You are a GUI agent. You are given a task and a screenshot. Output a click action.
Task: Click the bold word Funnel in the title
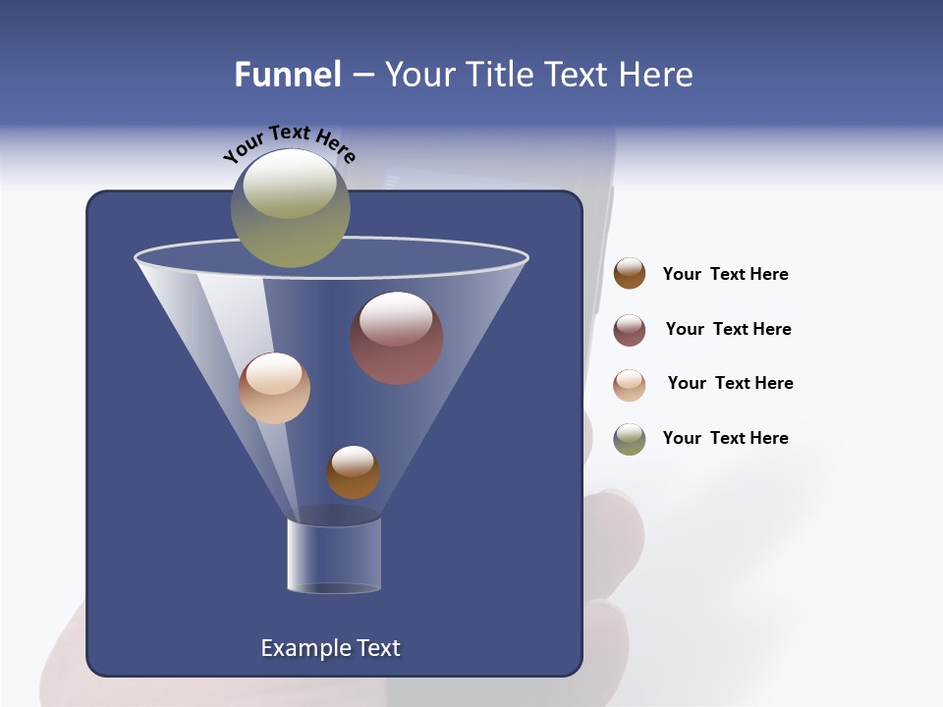[288, 75]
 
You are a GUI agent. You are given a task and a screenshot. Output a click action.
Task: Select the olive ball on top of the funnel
[290, 208]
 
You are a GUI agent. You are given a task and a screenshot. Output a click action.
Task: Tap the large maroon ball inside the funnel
[397, 339]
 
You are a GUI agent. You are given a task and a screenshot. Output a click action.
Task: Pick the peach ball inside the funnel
[274, 388]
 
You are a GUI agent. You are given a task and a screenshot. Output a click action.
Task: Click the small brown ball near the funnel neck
[353, 472]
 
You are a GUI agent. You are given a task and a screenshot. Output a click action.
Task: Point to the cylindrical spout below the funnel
[334, 555]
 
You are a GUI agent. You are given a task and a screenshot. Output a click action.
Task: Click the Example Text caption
[330, 648]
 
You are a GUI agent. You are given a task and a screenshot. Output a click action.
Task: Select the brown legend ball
[630, 274]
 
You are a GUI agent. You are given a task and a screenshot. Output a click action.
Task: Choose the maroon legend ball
[630, 330]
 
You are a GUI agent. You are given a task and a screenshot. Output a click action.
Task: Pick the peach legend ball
[630, 385]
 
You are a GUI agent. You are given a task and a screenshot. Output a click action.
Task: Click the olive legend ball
[630, 439]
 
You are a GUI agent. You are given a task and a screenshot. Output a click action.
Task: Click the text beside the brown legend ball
[725, 274]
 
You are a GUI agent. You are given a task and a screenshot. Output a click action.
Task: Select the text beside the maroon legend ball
[728, 329]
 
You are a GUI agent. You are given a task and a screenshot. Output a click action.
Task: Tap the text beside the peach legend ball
[730, 383]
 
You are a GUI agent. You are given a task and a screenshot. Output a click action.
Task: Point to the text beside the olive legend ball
[725, 438]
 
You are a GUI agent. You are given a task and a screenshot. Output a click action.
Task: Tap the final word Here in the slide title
[656, 75]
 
